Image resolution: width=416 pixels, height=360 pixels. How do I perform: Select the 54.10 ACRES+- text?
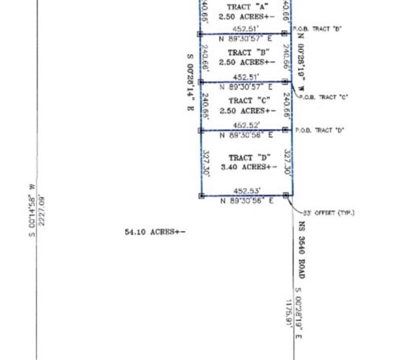[155, 232]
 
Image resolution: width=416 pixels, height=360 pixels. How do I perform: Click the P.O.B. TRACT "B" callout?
[317, 29]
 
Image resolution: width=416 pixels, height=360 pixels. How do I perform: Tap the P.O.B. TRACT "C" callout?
[323, 97]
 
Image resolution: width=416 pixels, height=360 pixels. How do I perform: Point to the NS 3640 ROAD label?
[301, 250]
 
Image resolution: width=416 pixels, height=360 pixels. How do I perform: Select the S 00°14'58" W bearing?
[31, 210]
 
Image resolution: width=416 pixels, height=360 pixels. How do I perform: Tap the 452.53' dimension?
[247, 190]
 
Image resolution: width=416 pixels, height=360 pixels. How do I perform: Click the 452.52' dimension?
[246, 125]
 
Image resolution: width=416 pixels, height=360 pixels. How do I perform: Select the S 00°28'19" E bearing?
[298, 314]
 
